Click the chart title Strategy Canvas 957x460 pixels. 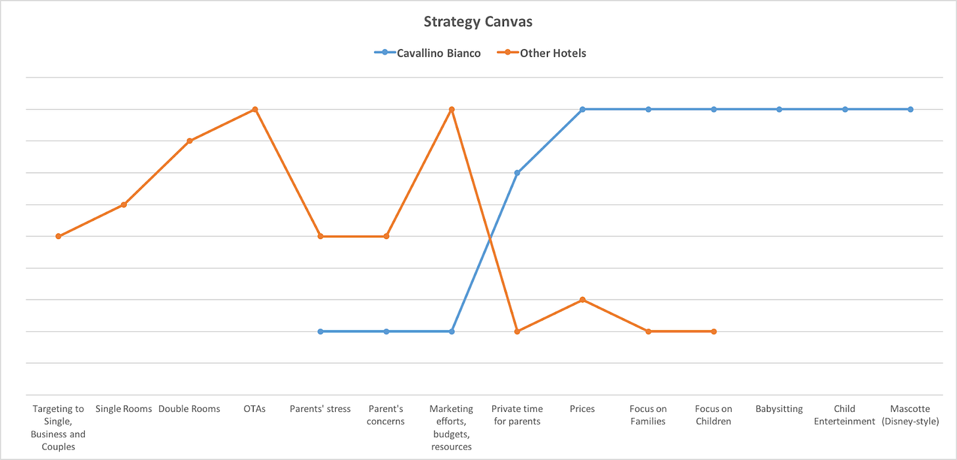[478, 22]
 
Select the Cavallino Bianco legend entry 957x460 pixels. [438, 53]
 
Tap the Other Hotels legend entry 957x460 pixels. [553, 53]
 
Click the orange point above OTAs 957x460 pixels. [255, 109]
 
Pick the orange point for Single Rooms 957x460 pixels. [124, 204]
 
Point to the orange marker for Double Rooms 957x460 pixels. [189, 141]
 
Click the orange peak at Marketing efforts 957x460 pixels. [452, 109]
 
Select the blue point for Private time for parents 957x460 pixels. [517, 173]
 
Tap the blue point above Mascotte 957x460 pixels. [910, 109]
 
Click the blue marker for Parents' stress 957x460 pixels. [321, 331]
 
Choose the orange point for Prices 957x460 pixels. [582, 300]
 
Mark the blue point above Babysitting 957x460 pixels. [780, 109]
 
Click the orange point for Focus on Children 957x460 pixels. [714, 331]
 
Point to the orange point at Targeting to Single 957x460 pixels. [58, 236]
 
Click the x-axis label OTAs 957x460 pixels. [255, 409]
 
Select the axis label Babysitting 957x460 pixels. [780, 409]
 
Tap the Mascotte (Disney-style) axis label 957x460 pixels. [910, 415]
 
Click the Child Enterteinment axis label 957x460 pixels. [845, 415]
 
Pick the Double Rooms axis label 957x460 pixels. [189, 409]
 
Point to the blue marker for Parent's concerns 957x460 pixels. [386, 331]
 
